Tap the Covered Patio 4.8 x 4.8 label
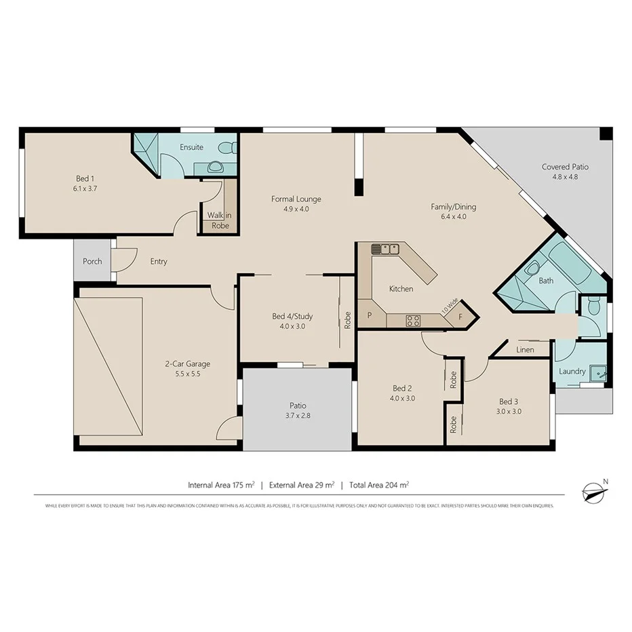[565, 167]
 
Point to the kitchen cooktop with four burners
[413, 321]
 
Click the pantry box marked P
[370, 315]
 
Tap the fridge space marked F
[461, 317]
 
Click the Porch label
[92, 261]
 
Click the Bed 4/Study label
[292, 316]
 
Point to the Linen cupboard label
[525, 350]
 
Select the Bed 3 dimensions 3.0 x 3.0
[510, 411]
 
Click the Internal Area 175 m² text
[221, 485]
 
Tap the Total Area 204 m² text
[379, 485]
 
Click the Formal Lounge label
[296, 199]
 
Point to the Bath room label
[546, 280]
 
